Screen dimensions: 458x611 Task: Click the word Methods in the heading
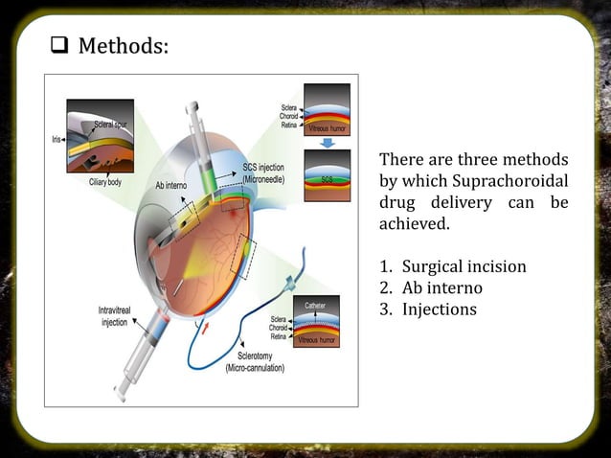122,45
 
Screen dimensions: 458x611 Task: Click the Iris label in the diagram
57,139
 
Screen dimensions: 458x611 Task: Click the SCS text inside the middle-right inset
327,179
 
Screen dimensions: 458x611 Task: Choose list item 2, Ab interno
441,287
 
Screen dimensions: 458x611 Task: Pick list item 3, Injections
439,309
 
